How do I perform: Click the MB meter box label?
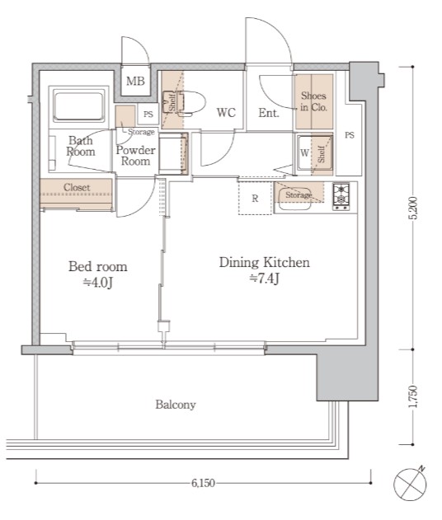[135, 81]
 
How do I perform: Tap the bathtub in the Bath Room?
[78, 107]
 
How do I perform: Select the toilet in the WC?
[188, 104]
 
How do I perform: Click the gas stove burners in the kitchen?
[341, 196]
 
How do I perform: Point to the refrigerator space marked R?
[255, 198]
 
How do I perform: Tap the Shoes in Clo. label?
[313, 101]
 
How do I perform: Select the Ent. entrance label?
[269, 113]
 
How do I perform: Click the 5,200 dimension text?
[413, 208]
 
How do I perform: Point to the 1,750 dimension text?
[413, 396]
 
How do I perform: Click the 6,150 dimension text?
[203, 483]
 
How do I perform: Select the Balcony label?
[176, 405]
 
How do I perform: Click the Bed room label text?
[98, 267]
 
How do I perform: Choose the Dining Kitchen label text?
[265, 262]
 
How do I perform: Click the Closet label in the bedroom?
[77, 187]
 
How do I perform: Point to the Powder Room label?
[136, 156]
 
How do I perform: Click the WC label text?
[226, 113]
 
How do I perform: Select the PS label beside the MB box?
[148, 114]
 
